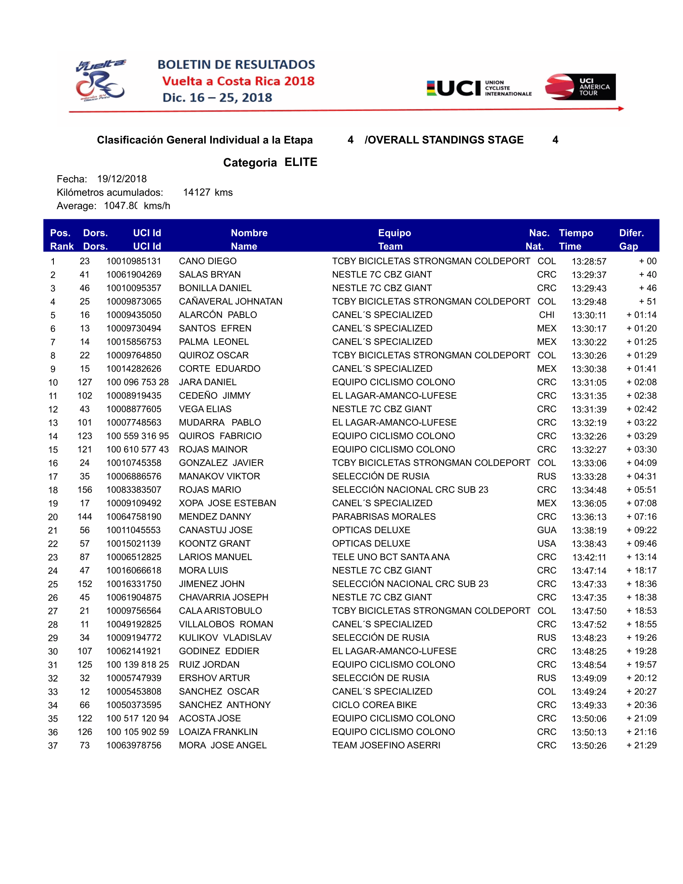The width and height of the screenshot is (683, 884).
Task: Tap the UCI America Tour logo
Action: pos(580,87)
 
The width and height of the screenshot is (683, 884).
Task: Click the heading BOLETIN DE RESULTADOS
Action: pos(236,64)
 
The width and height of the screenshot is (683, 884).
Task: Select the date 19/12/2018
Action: pos(122,179)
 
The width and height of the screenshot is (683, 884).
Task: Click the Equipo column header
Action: pos(394,233)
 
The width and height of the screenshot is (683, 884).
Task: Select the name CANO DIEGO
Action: pos(208,261)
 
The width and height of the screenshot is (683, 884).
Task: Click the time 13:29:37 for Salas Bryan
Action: pos(589,275)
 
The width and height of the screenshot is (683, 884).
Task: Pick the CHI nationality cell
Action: pos(546,315)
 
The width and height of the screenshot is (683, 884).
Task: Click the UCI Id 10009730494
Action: pos(133,328)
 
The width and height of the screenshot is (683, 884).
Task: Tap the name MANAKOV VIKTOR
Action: pos(219,477)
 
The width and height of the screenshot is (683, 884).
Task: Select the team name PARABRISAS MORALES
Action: pos(384,516)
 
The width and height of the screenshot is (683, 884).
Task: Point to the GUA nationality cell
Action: pos(546,530)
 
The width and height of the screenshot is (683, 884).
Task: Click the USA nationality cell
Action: pos(546,544)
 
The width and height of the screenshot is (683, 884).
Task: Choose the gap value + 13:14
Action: pos(641,557)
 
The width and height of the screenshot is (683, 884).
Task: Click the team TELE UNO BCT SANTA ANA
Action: pos(391,557)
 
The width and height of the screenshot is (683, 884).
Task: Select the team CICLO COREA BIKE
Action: pos(374,705)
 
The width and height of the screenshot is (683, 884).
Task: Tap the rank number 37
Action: pos(53,745)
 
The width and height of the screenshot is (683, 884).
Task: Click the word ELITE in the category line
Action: pos(301,162)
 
